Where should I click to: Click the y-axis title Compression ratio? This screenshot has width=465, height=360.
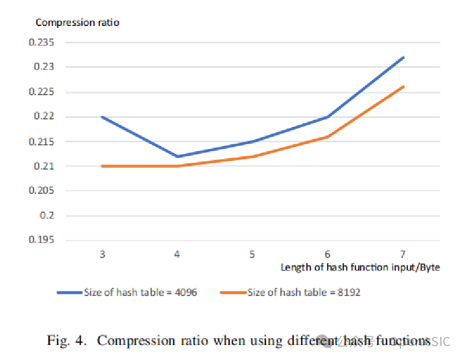[77, 22]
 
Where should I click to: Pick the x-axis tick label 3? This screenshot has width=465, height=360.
[102, 254]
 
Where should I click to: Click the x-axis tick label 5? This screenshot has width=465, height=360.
[252, 254]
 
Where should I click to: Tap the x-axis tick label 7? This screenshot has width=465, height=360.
[403, 254]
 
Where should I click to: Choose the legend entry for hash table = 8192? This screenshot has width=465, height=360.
[303, 292]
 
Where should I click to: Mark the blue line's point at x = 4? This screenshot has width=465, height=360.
[177, 156]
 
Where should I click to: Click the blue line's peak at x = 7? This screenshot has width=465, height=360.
[403, 58]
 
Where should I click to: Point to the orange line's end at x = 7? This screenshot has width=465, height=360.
[403, 87]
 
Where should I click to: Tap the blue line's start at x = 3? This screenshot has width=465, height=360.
[102, 117]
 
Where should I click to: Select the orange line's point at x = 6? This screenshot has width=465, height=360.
[328, 137]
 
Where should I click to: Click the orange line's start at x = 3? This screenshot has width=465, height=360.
[102, 166]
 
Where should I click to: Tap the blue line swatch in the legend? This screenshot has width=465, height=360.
[69, 292]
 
